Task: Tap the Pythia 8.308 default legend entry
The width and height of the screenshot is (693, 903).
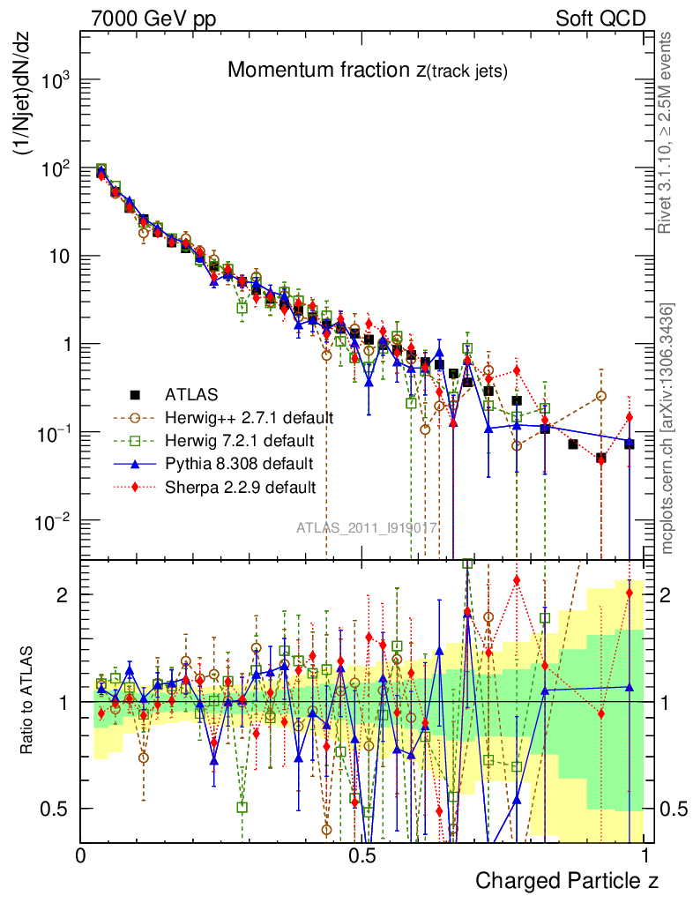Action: tap(238, 463)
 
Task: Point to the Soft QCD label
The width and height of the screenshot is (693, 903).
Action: tap(600, 19)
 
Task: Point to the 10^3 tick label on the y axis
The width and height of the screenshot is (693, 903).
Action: tap(55, 80)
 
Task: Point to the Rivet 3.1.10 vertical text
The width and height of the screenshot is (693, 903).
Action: tap(667, 132)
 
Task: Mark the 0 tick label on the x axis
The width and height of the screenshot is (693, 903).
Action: tap(81, 856)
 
